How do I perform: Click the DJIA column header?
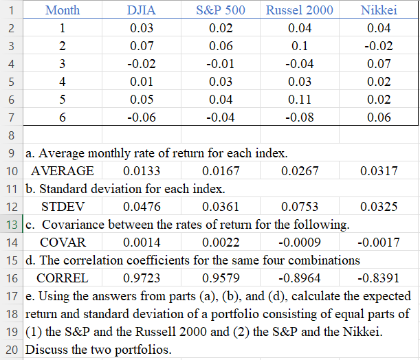tap(141, 10)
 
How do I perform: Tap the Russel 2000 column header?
tap(300, 10)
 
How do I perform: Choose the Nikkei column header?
tap(379, 10)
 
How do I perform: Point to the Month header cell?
tap(63, 10)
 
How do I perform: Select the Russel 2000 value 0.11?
tap(300, 100)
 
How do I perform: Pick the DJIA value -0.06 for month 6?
tap(141, 117)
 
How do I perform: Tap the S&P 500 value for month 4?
tap(221, 82)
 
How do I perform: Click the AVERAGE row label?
tap(63, 171)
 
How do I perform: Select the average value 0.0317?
tap(379, 171)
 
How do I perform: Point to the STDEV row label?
tap(63, 206)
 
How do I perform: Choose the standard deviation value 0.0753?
tap(300, 206)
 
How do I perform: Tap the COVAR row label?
tap(63, 243)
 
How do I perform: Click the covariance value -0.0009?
tap(300, 243)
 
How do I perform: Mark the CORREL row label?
tap(63, 278)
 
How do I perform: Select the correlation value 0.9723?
tap(141, 278)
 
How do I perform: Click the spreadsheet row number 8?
tap(12, 135)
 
